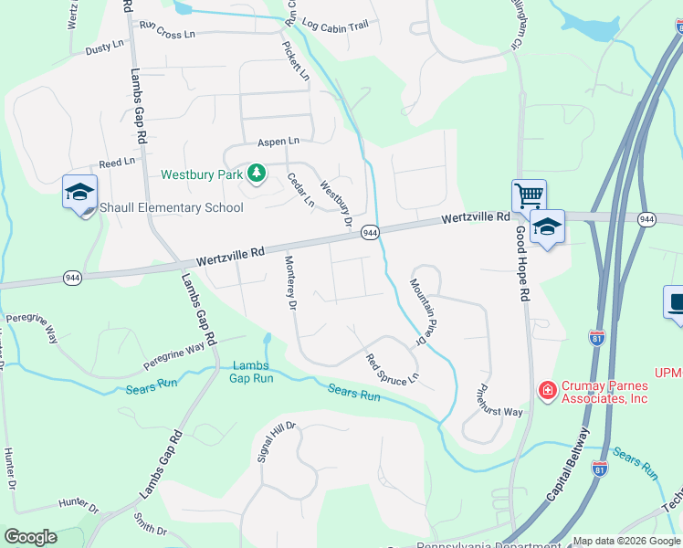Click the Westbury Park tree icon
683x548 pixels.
[x=257, y=173]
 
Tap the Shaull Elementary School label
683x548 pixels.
[x=172, y=207]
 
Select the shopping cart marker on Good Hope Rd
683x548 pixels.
[x=529, y=195]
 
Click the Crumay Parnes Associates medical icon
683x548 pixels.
[x=547, y=391]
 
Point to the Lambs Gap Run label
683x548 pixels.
[x=251, y=372]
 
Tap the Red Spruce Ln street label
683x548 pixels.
[x=393, y=368]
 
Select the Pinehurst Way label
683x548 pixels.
[x=499, y=400]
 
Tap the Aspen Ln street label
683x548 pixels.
[x=278, y=142]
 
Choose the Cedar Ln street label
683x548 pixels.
[x=300, y=189]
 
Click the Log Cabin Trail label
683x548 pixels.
[x=335, y=26]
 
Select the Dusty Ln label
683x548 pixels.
[x=104, y=47]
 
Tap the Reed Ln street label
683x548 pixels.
[x=117, y=162]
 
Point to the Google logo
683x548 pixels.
[x=30, y=537]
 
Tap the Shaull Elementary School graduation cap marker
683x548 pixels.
[x=79, y=192]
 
